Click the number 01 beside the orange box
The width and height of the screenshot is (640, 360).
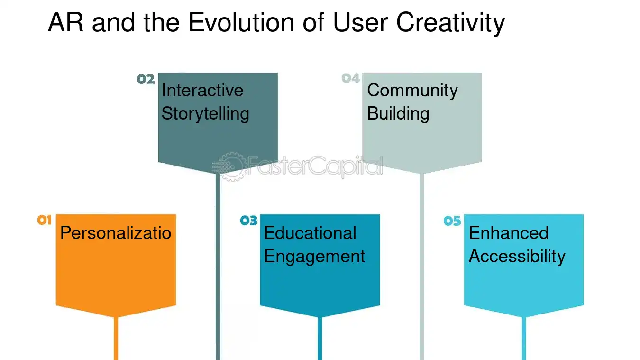[x=44, y=220]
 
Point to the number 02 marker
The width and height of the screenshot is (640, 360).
[x=146, y=79]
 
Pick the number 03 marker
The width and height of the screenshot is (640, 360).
[x=248, y=220]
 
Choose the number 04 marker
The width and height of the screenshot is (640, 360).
[x=351, y=78]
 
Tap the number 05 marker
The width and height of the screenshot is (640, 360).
[x=452, y=221]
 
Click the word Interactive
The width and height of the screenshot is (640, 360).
[x=202, y=90]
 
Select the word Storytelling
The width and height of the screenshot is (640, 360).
[x=205, y=113]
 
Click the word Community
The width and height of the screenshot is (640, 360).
[x=412, y=90]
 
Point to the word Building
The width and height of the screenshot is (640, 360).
[x=398, y=113]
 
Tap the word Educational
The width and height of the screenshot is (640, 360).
[x=310, y=233]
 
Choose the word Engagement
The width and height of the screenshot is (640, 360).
[x=314, y=256]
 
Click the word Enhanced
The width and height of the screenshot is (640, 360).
[x=509, y=233]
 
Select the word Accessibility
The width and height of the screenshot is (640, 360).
[x=517, y=256]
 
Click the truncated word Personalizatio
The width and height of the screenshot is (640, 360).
[x=116, y=233]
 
